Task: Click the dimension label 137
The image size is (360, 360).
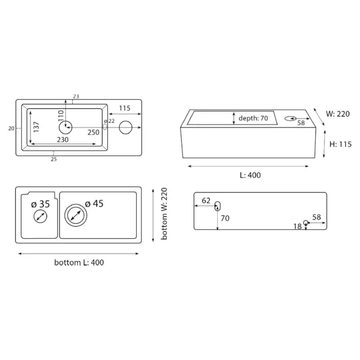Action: (36, 127)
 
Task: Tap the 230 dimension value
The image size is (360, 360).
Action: (63, 139)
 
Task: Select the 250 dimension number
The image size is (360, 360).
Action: (94, 132)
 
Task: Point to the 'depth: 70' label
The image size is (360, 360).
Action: (253, 118)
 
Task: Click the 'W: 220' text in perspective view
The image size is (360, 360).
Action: (338, 114)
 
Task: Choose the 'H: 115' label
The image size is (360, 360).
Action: (341, 144)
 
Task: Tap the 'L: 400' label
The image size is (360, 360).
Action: (250, 175)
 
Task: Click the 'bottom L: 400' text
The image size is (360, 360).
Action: (79, 262)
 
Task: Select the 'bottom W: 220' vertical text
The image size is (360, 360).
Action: (164, 214)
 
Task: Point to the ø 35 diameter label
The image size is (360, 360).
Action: (40, 204)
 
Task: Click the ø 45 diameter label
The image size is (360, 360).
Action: (94, 204)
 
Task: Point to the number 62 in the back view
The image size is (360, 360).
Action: (206, 201)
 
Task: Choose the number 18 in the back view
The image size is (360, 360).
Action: (297, 227)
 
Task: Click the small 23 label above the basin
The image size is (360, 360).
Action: (76, 96)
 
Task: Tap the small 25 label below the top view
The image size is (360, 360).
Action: (54, 159)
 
